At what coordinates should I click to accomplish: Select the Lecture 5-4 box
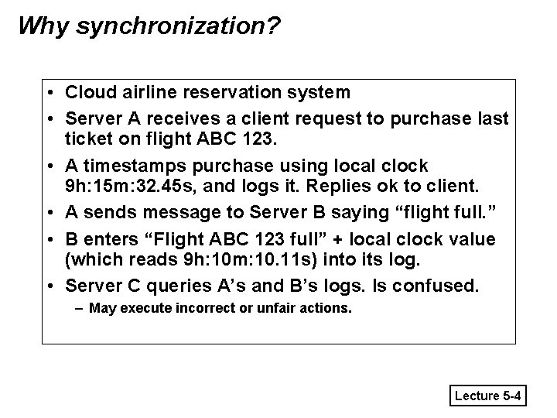pos(489,396)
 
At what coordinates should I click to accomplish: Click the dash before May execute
pos(80,309)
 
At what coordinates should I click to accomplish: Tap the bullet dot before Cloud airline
pos(50,93)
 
